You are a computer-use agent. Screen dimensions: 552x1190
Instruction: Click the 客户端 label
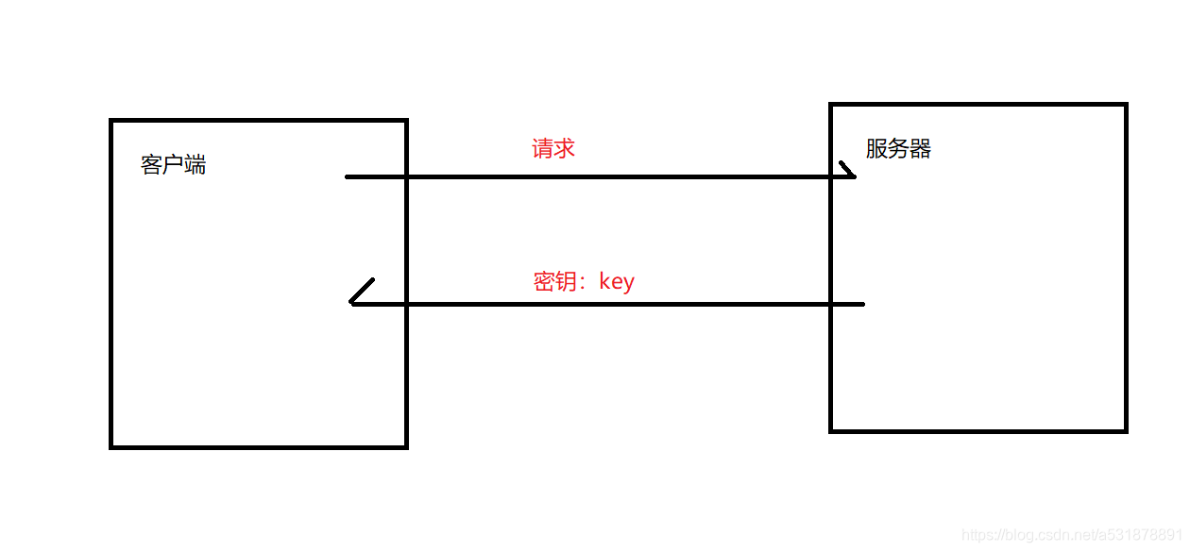coord(174,165)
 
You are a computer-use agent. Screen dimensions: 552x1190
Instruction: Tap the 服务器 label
coord(898,149)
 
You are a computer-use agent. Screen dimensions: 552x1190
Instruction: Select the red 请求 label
coord(553,148)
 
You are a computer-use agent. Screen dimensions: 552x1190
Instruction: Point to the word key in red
coord(617,282)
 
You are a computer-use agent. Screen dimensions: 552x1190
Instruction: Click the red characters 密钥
coord(555,282)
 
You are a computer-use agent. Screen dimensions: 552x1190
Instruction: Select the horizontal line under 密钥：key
coord(604,304)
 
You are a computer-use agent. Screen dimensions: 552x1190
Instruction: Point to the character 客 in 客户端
coord(152,165)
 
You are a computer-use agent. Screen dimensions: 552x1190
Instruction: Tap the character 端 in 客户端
coord(195,165)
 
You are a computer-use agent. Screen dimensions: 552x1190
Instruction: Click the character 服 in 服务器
coord(876,149)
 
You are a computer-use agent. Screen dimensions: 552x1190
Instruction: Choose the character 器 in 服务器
coord(921,149)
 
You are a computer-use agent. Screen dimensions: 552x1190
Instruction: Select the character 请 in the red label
coord(543,148)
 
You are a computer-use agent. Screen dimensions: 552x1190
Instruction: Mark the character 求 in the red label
coord(565,148)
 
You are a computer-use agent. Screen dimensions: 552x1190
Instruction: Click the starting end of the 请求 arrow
coord(348,176)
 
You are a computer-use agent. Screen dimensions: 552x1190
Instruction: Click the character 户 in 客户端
coord(174,165)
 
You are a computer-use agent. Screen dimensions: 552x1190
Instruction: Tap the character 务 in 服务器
coord(898,149)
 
